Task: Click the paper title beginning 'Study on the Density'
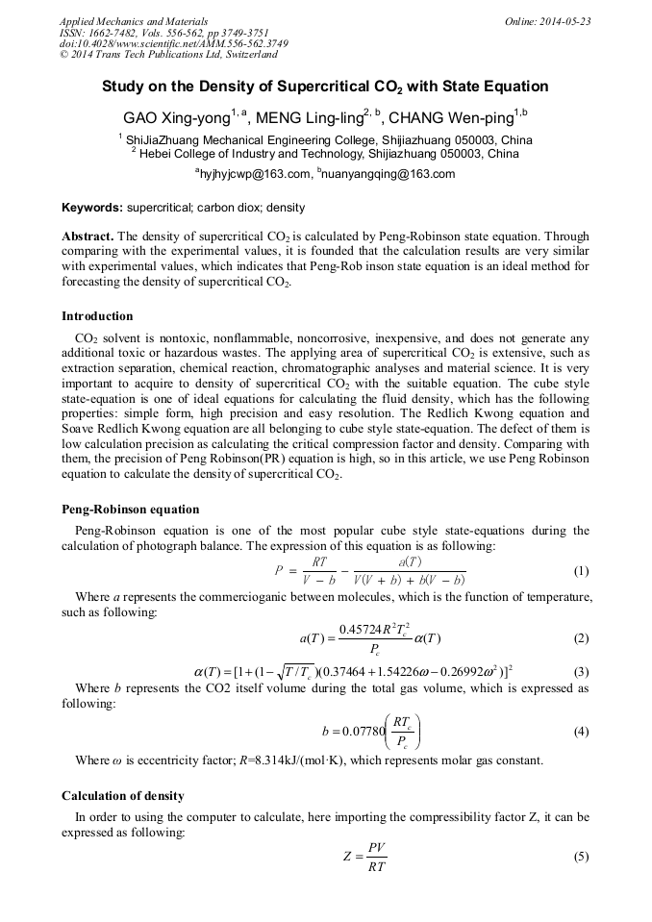click(x=325, y=87)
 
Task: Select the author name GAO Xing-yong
click(x=176, y=118)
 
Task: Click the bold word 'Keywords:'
click(x=92, y=208)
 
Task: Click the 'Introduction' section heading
click(x=97, y=316)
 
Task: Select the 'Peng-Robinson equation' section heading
click(x=130, y=510)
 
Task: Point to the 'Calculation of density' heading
click(x=122, y=796)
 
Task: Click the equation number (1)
click(x=581, y=571)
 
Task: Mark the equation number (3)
click(x=581, y=671)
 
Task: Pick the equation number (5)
click(x=581, y=856)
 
